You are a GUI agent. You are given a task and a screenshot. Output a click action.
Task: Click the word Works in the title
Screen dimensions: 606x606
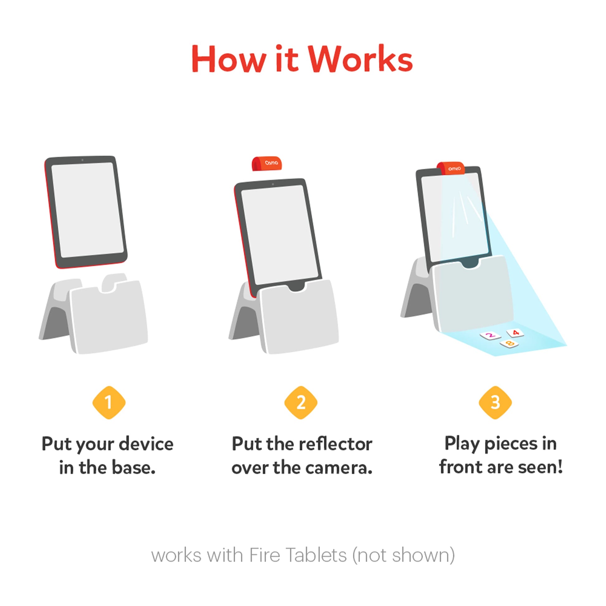click(360, 59)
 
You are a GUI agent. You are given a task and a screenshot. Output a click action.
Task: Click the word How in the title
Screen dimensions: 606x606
click(229, 59)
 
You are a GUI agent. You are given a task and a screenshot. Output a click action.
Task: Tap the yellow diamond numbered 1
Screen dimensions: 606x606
click(109, 402)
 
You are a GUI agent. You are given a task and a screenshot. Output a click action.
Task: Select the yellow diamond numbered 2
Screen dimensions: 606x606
click(301, 402)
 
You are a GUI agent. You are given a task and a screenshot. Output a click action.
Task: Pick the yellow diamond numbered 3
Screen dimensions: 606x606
click(495, 402)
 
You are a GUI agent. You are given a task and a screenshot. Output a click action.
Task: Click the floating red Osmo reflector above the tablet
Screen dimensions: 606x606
click(267, 163)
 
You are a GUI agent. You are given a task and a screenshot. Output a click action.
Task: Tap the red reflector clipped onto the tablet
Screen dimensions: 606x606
click(451, 168)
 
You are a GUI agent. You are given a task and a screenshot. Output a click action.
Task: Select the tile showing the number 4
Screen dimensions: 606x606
click(515, 333)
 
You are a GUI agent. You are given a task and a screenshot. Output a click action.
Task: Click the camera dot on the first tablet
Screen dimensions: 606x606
click(83, 160)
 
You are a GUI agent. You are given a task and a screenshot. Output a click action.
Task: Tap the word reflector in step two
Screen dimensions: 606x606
click(336, 444)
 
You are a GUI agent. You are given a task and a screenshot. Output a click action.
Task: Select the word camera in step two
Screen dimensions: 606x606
click(339, 468)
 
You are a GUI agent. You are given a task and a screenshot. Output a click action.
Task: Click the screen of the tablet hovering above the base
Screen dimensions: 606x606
click(88, 210)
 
